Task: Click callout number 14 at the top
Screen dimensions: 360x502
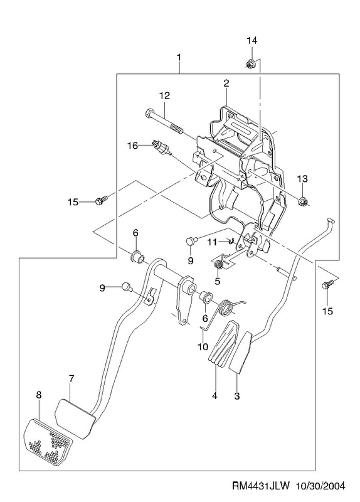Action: [x=251, y=40]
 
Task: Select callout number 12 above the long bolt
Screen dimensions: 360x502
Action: [x=164, y=95]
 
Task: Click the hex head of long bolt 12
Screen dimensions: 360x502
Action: [x=149, y=114]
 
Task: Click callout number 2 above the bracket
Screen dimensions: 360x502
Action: [x=226, y=83]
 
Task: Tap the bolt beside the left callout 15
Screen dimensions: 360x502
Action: [x=100, y=201]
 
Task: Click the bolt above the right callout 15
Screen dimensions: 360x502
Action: [x=328, y=284]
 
